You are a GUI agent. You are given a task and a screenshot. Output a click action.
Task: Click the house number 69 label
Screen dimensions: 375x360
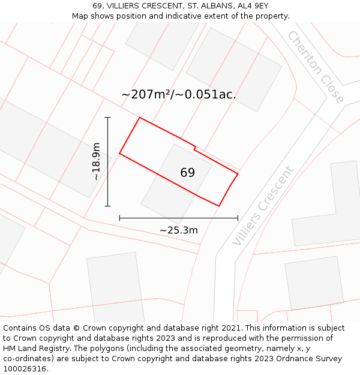[187, 173]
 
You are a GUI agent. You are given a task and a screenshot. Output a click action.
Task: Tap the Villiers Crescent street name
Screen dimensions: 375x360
[263, 206]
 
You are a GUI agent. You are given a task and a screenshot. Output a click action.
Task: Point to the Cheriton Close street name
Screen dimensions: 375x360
[316, 67]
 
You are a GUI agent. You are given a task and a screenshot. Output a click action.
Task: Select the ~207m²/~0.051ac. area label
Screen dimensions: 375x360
[179, 94]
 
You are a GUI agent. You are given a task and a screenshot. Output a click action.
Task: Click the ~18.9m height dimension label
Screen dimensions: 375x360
[96, 161]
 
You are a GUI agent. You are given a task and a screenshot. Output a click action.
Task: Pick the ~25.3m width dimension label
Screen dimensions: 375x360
[179, 230]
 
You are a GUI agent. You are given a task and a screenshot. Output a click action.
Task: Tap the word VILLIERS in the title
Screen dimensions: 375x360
[129, 6]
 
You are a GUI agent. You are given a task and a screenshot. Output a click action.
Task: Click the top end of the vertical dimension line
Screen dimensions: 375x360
[108, 117]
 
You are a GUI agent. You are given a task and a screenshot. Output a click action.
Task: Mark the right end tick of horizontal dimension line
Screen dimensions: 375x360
[238, 218]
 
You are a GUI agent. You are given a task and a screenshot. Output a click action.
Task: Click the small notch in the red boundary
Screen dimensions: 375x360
[194, 146]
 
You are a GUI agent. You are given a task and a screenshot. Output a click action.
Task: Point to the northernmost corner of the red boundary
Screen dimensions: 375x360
[140, 118]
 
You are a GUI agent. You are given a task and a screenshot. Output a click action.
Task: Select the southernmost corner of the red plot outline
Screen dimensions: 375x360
[219, 206]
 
